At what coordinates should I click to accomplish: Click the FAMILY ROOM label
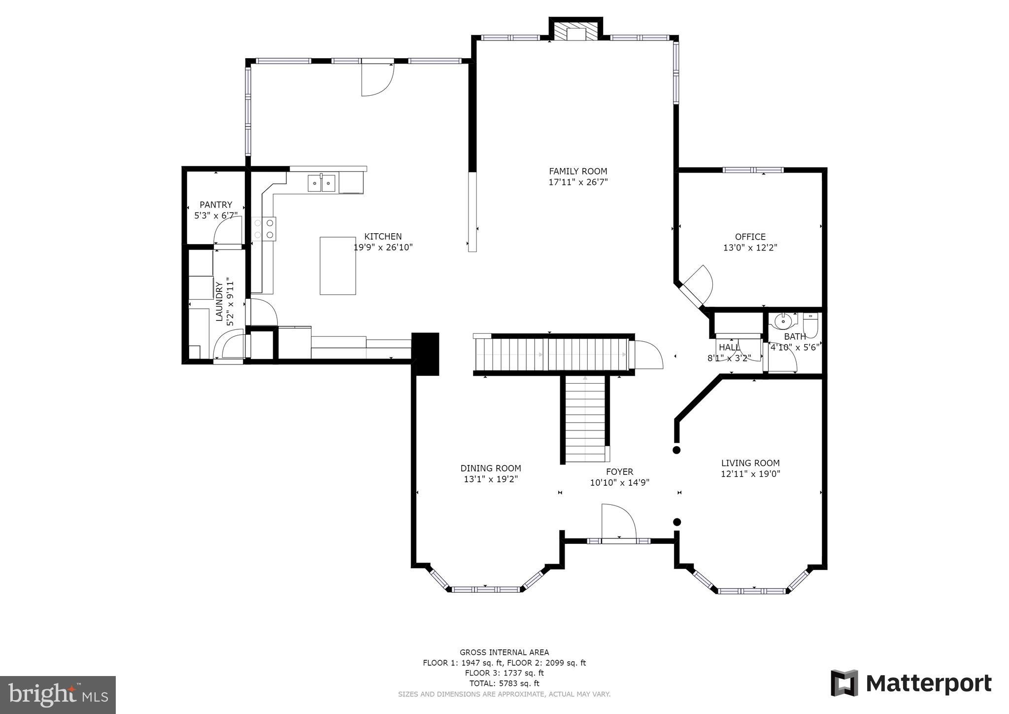(x=578, y=172)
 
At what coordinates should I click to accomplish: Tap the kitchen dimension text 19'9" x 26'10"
(x=383, y=248)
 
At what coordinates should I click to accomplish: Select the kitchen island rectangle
(x=337, y=266)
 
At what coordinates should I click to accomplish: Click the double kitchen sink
(x=321, y=183)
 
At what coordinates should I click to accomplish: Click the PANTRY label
(x=216, y=205)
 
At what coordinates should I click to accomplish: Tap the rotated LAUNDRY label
(x=219, y=301)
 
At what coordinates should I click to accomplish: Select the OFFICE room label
(x=750, y=237)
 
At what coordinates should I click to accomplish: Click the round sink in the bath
(x=782, y=321)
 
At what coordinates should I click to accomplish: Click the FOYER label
(x=619, y=471)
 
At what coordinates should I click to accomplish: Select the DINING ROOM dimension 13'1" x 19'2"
(x=491, y=479)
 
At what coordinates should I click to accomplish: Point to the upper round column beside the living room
(x=676, y=450)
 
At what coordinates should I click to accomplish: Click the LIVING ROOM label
(x=750, y=463)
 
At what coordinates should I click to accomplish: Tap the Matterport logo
(x=911, y=684)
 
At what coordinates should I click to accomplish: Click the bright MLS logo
(x=58, y=695)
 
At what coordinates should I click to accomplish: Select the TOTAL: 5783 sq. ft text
(x=504, y=683)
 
